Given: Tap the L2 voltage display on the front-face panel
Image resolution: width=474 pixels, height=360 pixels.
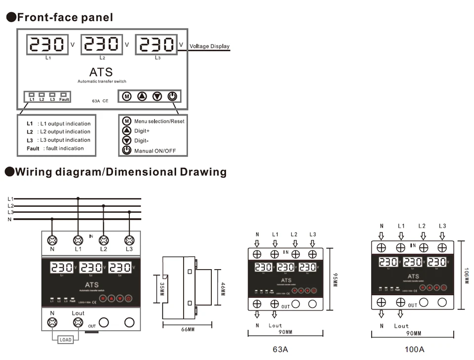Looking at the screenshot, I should pyautogui.click(x=102, y=44).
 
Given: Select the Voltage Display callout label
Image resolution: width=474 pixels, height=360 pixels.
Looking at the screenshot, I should pyautogui.click(x=210, y=46).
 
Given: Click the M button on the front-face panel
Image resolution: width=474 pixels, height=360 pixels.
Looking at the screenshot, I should pyautogui.click(x=127, y=96).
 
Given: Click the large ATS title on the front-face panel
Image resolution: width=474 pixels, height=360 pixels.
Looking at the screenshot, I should pyautogui.click(x=101, y=72).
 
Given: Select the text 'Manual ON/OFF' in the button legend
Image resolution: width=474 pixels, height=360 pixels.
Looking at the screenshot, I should pyautogui.click(x=155, y=151).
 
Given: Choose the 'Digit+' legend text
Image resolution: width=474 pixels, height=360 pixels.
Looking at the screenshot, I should pyautogui.click(x=142, y=131).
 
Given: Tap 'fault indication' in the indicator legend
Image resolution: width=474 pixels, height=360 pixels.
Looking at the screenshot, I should pyautogui.click(x=65, y=148).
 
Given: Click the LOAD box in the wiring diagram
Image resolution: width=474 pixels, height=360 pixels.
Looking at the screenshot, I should pyautogui.click(x=65, y=340).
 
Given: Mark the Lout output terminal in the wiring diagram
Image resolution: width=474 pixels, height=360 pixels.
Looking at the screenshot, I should pyautogui.click(x=78, y=323).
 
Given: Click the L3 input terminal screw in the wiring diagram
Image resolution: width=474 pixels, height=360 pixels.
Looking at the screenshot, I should pyautogui.click(x=129, y=240).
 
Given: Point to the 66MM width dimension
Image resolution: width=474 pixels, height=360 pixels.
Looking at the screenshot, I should pyautogui.click(x=188, y=330).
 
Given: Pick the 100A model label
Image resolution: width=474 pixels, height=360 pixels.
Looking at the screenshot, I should pyautogui.click(x=414, y=349).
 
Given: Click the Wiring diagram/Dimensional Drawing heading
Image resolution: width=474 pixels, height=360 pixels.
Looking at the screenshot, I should pyautogui.click(x=116, y=172).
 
